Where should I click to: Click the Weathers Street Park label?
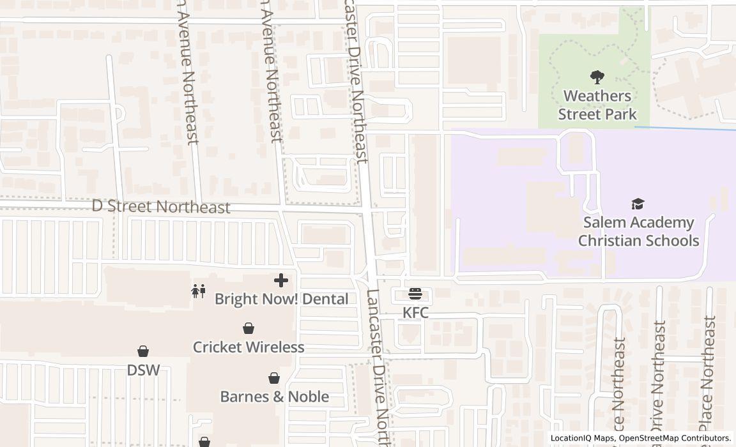pos(597,105)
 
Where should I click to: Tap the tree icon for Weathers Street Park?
pos(597,77)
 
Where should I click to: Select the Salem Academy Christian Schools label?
pos(638,231)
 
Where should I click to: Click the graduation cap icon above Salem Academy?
pos(638,204)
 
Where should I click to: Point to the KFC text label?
pos(415,313)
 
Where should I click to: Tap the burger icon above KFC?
pos(415,294)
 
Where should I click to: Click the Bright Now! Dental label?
pos(281,299)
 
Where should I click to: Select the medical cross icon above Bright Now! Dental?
pos(280,280)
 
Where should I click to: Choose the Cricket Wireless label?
pos(249,347)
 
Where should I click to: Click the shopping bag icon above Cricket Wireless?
pos(249,328)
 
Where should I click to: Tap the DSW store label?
pos(143,370)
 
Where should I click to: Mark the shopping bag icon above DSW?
pos(143,351)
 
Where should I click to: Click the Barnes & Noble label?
pos(274,397)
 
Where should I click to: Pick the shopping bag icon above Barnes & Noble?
pos(274,378)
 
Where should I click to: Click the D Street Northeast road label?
pos(161,207)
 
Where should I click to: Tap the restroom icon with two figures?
pos(198,291)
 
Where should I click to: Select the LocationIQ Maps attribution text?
pos(581,438)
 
